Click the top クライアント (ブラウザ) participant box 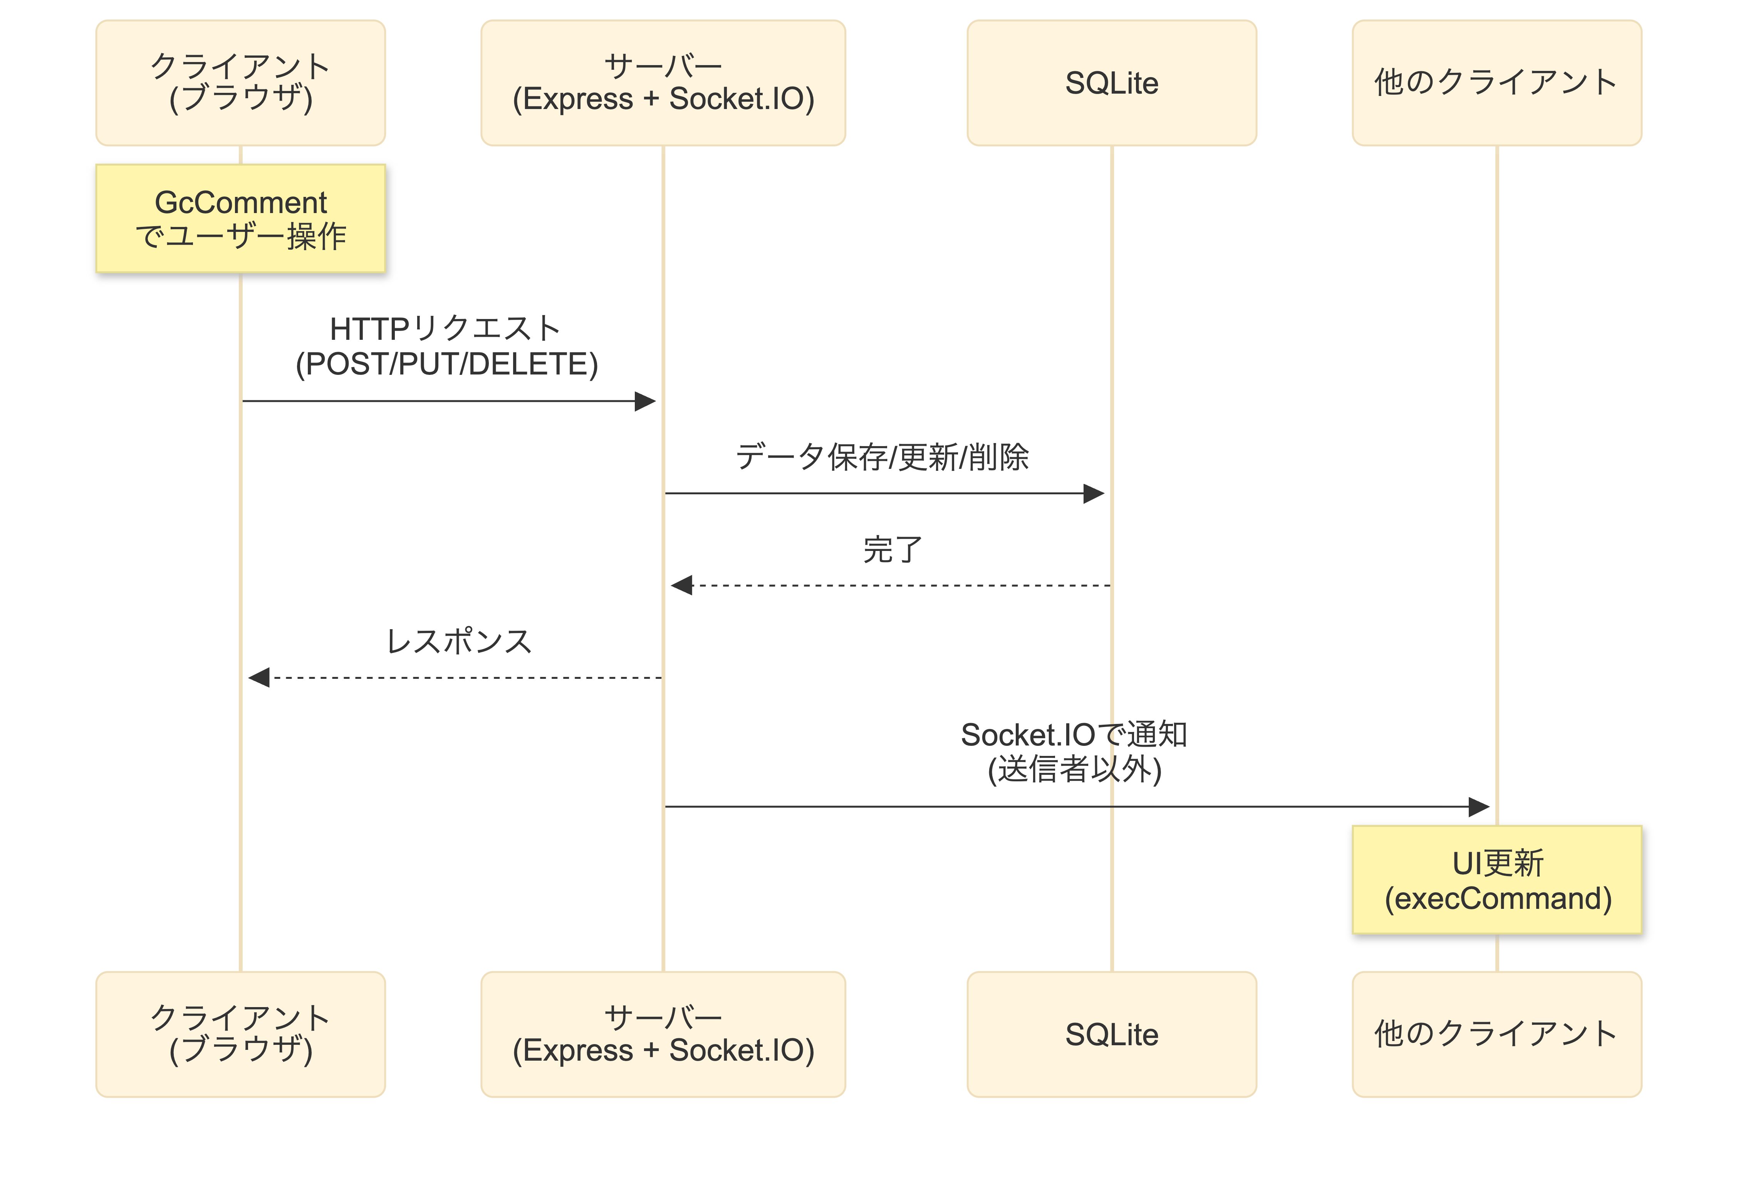click(x=240, y=82)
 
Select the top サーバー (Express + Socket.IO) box click(x=663, y=82)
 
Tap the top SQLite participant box click(x=1111, y=82)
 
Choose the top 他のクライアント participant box click(x=1496, y=82)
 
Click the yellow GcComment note click(x=240, y=218)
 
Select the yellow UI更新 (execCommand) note click(x=1496, y=880)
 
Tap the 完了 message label click(x=892, y=550)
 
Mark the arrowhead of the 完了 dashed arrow click(x=681, y=586)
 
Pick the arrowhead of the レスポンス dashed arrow click(x=259, y=677)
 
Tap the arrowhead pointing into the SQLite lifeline click(x=1094, y=494)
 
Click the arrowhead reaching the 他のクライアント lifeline click(x=1479, y=807)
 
